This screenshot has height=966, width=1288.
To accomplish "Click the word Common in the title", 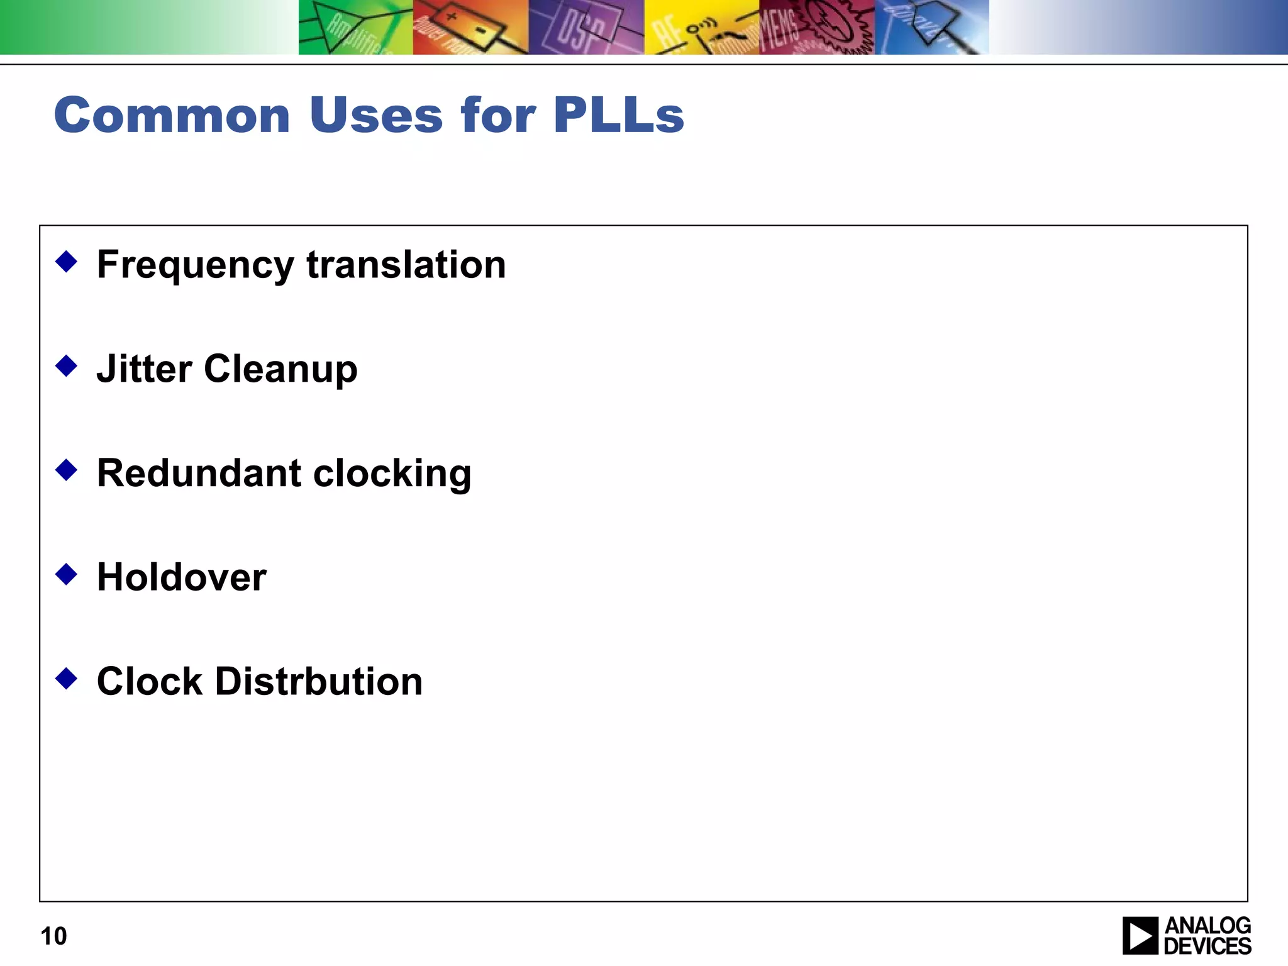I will point(172,116).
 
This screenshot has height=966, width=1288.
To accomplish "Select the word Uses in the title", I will point(376,116).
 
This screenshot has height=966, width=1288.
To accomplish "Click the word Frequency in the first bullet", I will point(195,265).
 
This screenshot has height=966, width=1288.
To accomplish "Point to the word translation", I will point(406,265).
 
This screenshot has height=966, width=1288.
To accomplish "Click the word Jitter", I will point(144,369).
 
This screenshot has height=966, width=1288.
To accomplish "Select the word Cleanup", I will point(280,370).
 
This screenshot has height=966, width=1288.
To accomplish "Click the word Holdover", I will point(182,577).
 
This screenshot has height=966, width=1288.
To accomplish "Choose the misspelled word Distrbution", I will point(319,682).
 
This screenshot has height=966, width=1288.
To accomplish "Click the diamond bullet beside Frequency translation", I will point(66,262).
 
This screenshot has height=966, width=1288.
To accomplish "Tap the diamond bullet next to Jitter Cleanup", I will point(66,365).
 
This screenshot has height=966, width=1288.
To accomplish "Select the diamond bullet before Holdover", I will point(66,574).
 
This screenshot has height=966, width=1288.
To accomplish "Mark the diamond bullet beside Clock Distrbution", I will point(66,679).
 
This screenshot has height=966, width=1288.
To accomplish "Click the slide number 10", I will point(53,936).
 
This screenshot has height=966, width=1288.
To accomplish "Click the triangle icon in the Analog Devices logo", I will point(1140,936).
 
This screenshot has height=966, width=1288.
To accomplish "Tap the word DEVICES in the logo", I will point(1207,946).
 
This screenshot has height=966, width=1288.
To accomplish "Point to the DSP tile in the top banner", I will point(586,27).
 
